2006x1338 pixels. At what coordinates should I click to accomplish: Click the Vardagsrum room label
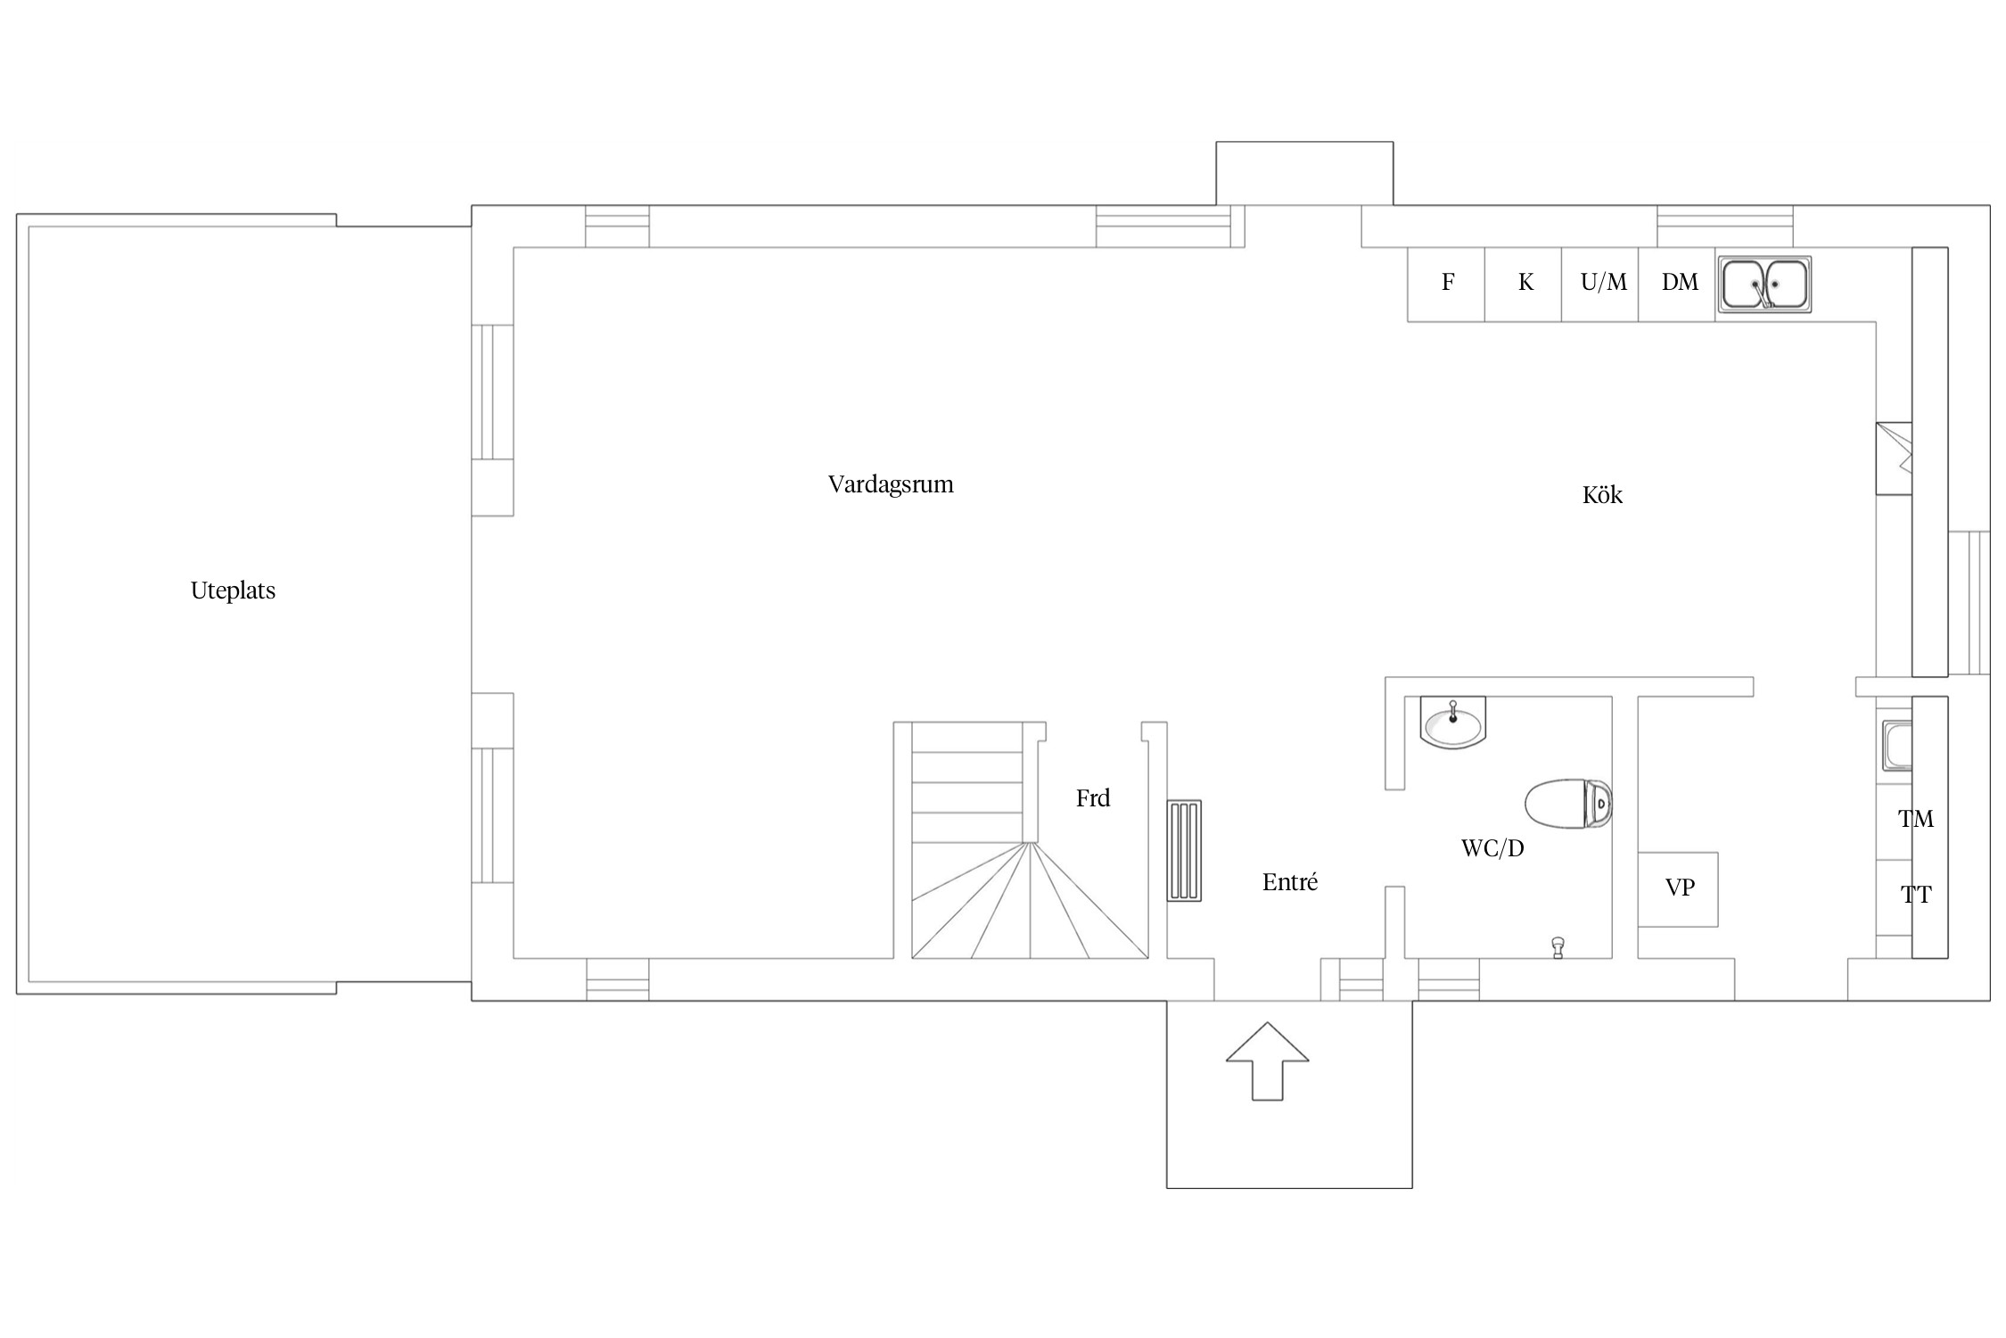[x=891, y=484]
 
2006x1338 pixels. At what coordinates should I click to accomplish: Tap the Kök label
[x=1602, y=495]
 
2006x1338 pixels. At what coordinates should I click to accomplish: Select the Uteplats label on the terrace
[x=233, y=591]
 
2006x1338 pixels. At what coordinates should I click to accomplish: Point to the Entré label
[x=1290, y=882]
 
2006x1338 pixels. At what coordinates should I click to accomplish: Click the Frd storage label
[x=1093, y=798]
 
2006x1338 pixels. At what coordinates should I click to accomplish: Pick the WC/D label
[x=1492, y=848]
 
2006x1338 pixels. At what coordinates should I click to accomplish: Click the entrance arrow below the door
[x=1267, y=1061]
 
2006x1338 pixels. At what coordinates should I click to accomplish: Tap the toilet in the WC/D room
[x=1568, y=804]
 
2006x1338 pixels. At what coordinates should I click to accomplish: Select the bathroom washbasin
[x=1453, y=722]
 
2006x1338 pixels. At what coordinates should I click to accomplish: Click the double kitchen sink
[x=1764, y=285]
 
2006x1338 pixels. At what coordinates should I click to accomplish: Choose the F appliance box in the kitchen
[x=1446, y=285]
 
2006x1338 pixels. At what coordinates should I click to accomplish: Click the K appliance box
[x=1524, y=285]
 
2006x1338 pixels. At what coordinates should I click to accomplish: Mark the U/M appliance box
[x=1600, y=285]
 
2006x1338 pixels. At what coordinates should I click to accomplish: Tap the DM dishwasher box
[x=1677, y=285]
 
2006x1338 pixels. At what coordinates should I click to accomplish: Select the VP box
[x=1678, y=889]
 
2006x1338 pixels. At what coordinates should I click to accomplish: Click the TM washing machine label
[x=1915, y=820]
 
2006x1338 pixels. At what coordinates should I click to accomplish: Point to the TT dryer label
[x=1915, y=896]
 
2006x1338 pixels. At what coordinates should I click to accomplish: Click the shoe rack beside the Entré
[x=1185, y=851]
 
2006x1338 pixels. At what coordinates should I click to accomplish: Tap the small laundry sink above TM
[x=1896, y=746]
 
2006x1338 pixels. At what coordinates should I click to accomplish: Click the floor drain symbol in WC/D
[x=1558, y=947]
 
